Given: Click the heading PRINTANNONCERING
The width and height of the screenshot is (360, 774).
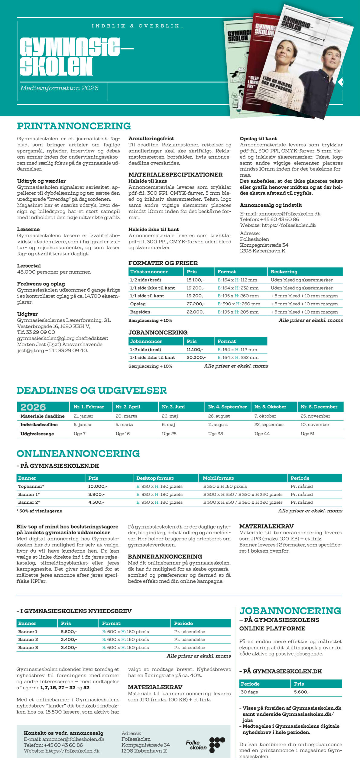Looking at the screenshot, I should tap(74, 126).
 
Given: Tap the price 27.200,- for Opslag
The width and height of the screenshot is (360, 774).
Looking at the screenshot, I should tap(196, 304).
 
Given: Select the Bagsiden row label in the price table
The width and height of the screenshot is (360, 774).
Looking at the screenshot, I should tap(140, 312).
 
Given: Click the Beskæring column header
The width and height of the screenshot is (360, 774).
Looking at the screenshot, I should tap(284, 272).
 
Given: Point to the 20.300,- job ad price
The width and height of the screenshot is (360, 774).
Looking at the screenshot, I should tap(196, 357).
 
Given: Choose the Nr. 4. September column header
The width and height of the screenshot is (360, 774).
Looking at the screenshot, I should tap(227, 407).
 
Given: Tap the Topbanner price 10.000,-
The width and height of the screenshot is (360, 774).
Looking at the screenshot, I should tap(98, 486).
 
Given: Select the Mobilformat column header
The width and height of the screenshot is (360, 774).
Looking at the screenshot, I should tap(218, 478).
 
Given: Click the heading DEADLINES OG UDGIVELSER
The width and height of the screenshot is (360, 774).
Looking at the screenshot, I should tap(91, 390).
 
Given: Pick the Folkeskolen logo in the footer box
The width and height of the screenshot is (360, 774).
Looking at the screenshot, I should tap(205, 745).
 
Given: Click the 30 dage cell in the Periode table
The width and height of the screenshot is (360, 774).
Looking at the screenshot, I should tap(249, 692).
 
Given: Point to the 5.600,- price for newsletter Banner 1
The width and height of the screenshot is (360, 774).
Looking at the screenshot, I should tap(69, 632).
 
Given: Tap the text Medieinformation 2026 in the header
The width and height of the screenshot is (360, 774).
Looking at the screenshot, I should tap(59, 88).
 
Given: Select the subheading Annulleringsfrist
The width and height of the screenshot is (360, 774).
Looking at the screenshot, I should tap(151, 138).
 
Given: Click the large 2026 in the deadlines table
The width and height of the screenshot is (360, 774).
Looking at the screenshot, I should tap(33, 407).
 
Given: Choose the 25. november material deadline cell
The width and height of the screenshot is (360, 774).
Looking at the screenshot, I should tap(315, 416).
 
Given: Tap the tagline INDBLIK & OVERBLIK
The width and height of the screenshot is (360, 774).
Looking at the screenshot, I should tap(137, 26).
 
